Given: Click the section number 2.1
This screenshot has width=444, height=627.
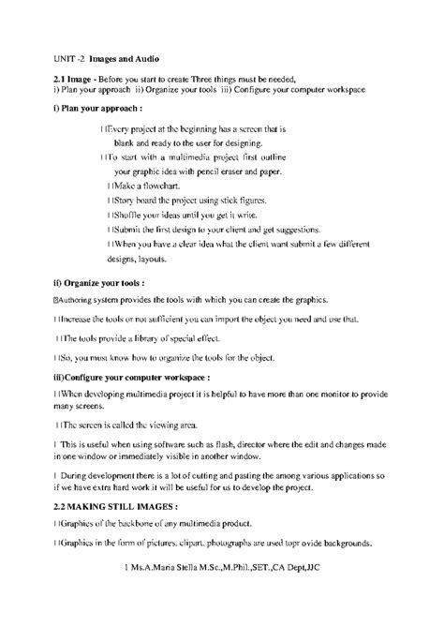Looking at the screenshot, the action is [64, 76].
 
